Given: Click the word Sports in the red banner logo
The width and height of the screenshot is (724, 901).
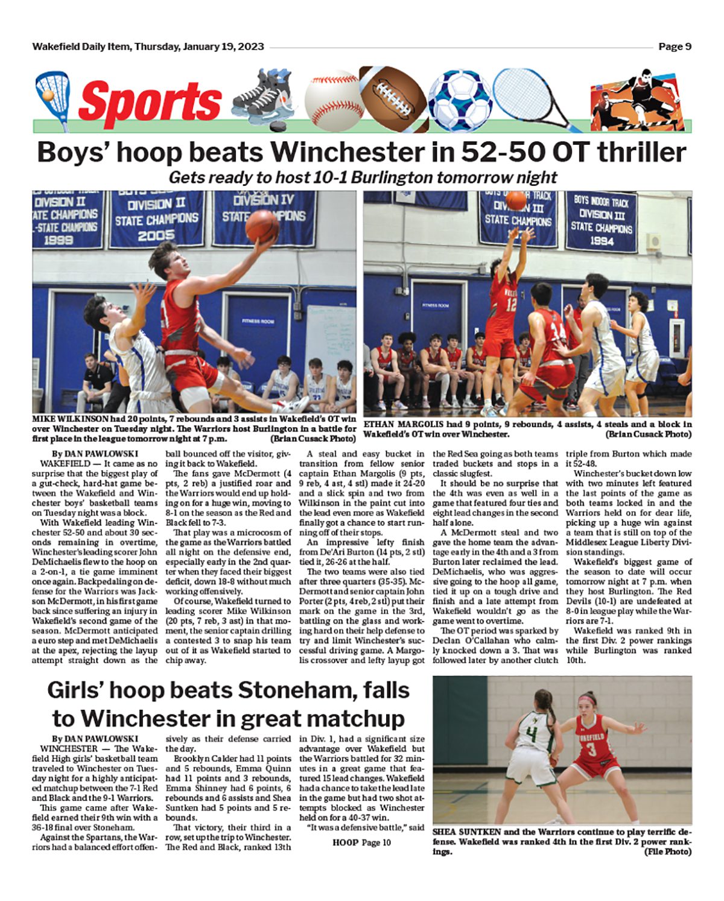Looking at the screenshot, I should pyautogui.click(x=150, y=101).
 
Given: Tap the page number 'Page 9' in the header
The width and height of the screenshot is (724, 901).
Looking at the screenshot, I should pyautogui.click(x=675, y=46).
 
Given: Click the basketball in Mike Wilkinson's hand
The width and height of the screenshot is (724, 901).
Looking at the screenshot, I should pyautogui.click(x=261, y=225).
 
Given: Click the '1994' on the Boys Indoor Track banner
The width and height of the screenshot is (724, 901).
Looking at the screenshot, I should pyautogui.click(x=602, y=241).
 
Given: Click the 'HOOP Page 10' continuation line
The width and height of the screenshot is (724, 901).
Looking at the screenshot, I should pyautogui.click(x=361, y=842).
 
